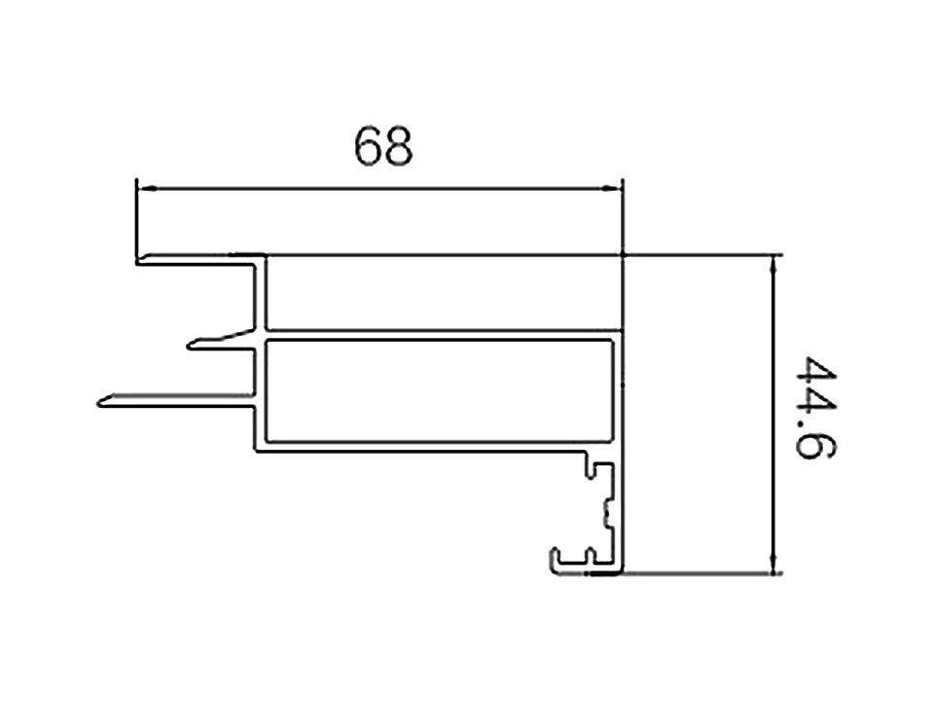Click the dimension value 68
coord(383,147)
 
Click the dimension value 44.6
coord(816,408)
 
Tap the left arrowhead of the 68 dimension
coord(147,188)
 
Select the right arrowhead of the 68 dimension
coord(612,188)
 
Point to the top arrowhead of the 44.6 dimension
coord(773,265)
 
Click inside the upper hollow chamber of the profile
coord(444,292)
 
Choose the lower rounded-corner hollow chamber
coord(439,391)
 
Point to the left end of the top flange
coord(138,261)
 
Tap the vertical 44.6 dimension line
coord(773,415)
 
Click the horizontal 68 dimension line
coord(379,188)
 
